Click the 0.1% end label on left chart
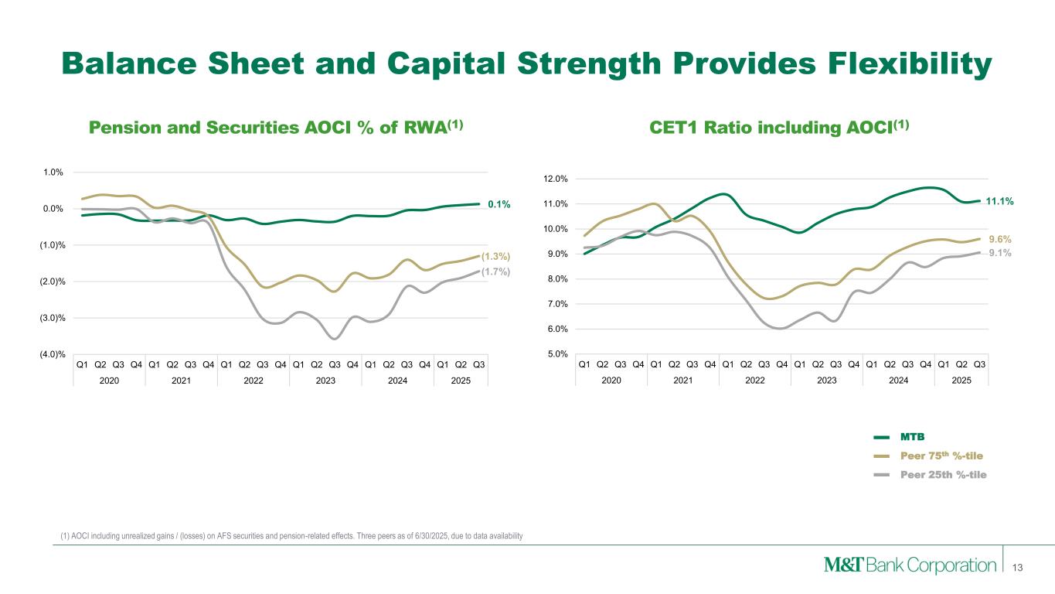(499, 204)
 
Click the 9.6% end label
(1000, 239)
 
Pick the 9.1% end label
(1000, 252)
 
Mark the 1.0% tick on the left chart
(53, 172)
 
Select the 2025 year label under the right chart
(961, 381)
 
